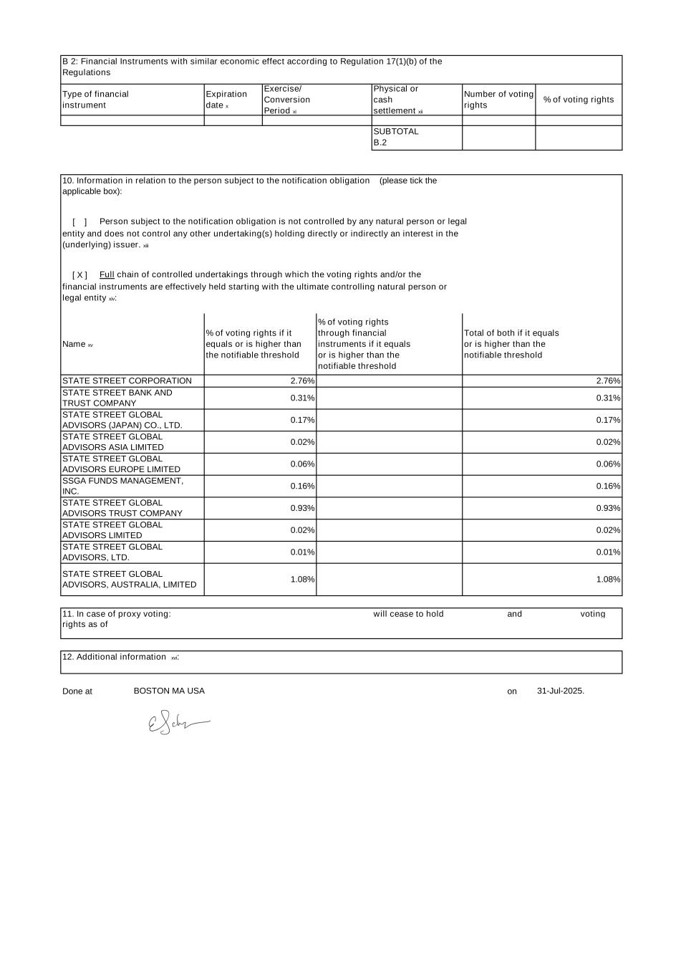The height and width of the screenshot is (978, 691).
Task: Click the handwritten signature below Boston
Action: [x=178, y=724]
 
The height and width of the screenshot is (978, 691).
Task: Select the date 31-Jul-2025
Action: [x=560, y=691]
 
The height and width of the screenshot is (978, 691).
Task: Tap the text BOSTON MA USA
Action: [x=169, y=691]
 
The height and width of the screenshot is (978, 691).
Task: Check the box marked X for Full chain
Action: [x=79, y=275]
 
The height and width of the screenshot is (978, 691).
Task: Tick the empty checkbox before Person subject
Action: [x=79, y=222]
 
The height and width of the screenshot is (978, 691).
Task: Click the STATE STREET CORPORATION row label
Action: [x=127, y=381]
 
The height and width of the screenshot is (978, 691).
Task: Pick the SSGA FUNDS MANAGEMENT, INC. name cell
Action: [x=122, y=486]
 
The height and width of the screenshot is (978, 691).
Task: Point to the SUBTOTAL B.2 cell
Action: [x=396, y=137]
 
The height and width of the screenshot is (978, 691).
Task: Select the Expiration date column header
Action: [x=226, y=100]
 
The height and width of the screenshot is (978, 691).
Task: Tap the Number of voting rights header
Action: [x=498, y=100]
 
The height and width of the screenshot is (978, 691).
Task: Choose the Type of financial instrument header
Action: [x=95, y=100]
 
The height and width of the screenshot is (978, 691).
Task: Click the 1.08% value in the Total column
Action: [x=608, y=580]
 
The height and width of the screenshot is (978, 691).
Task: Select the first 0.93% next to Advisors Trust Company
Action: [x=302, y=508]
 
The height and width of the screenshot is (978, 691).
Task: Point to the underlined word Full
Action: [x=107, y=275]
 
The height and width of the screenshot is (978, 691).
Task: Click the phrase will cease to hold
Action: [x=408, y=614]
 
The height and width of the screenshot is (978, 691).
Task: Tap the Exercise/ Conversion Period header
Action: [x=287, y=100]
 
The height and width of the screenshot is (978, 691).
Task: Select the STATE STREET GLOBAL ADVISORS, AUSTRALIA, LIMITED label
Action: [x=129, y=580]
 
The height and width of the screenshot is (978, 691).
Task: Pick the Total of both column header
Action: [x=511, y=344]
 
